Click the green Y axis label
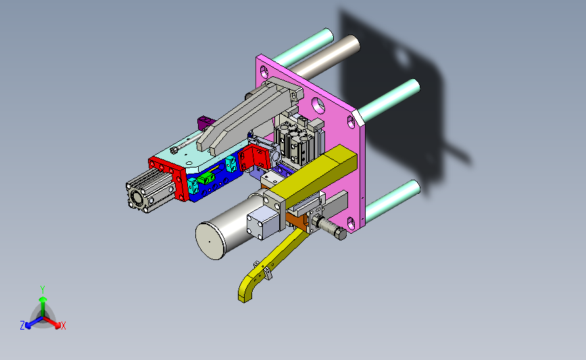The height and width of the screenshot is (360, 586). pos(43,290)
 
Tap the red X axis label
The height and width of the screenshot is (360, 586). pos(63,326)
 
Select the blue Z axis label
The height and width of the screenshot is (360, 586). pos(22,326)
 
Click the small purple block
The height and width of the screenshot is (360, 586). pos(204,122)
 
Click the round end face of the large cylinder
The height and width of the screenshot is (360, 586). pos(210,241)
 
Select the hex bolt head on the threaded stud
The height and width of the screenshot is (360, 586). pos(341,234)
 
